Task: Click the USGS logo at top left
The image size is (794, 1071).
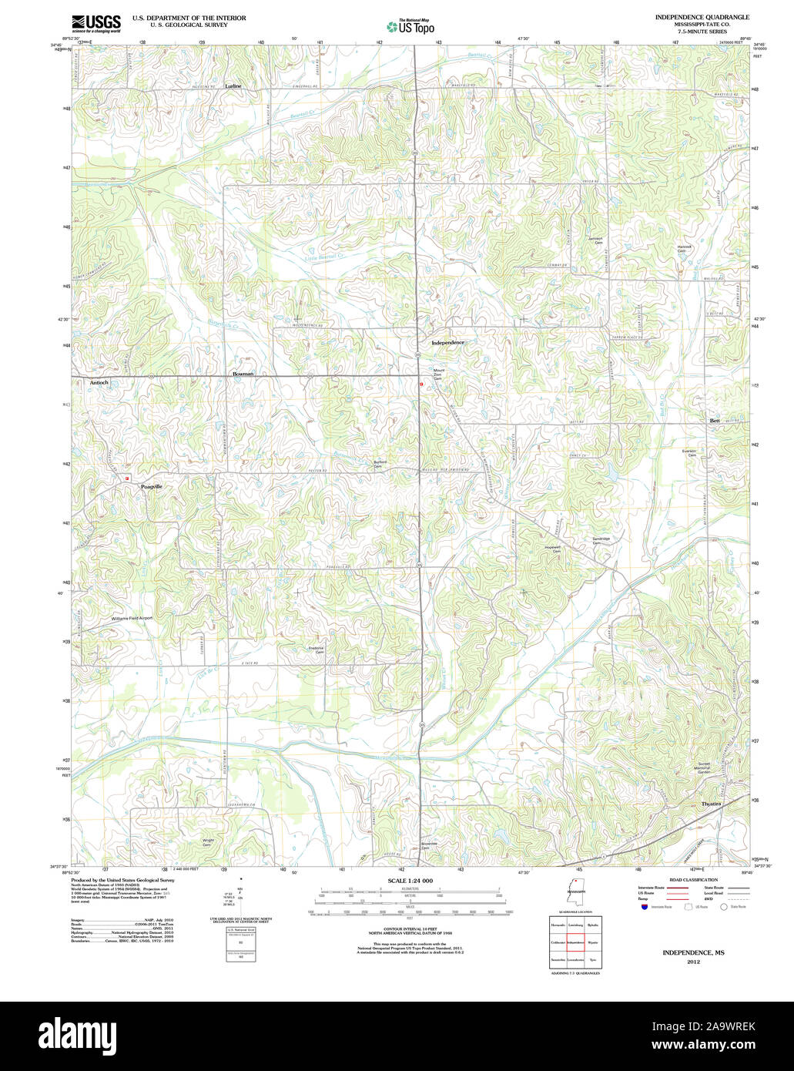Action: pos(95,23)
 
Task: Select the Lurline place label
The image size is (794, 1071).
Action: pos(233,86)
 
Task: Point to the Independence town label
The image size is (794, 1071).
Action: pos(447,342)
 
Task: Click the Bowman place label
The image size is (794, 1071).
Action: pos(243,374)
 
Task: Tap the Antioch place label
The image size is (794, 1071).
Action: pos(99,382)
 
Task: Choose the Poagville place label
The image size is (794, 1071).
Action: pos(152,487)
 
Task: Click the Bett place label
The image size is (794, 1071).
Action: pos(714,421)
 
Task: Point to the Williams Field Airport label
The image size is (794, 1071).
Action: pos(132,618)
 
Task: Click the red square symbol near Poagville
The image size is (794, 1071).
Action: pos(127,477)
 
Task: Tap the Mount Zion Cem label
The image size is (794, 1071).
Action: pos(438,374)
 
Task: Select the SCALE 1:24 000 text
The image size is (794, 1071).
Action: pos(410,881)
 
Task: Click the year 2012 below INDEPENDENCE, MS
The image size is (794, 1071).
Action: pos(692,962)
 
